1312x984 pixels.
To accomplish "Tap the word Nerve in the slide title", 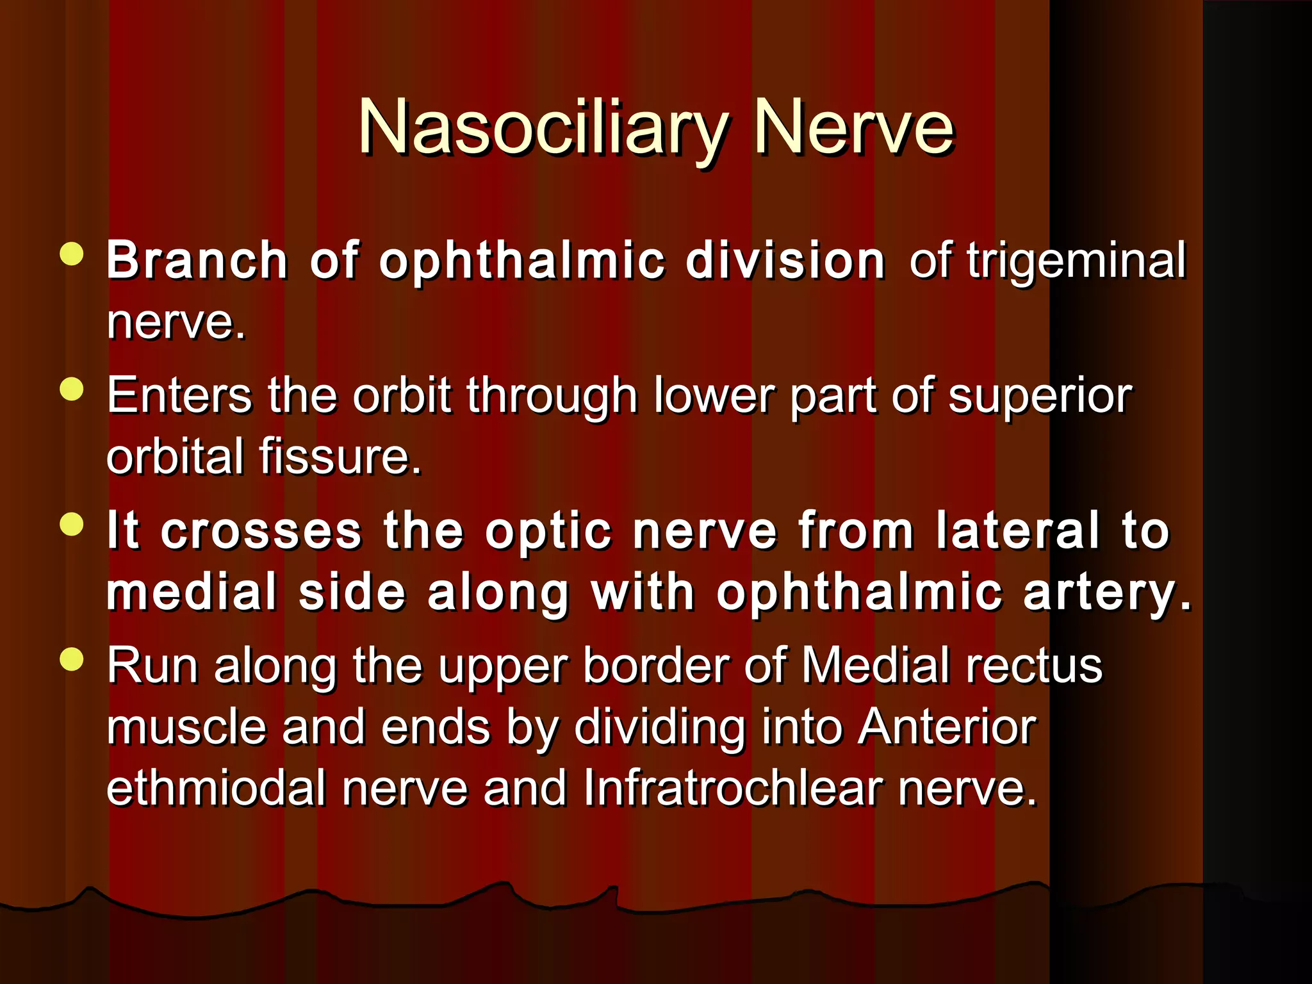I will click(x=854, y=128).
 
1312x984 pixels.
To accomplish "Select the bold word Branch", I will click(x=197, y=261).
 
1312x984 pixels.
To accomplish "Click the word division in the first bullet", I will click(x=785, y=261).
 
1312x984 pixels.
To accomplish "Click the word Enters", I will click(x=179, y=395).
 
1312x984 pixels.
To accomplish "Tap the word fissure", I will click(x=340, y=456).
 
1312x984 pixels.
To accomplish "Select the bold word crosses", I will click(x=261, y=532).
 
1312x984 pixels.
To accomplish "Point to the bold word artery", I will click(x=1108, y=593).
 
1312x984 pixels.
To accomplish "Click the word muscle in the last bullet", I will click(x=186, y=728).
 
